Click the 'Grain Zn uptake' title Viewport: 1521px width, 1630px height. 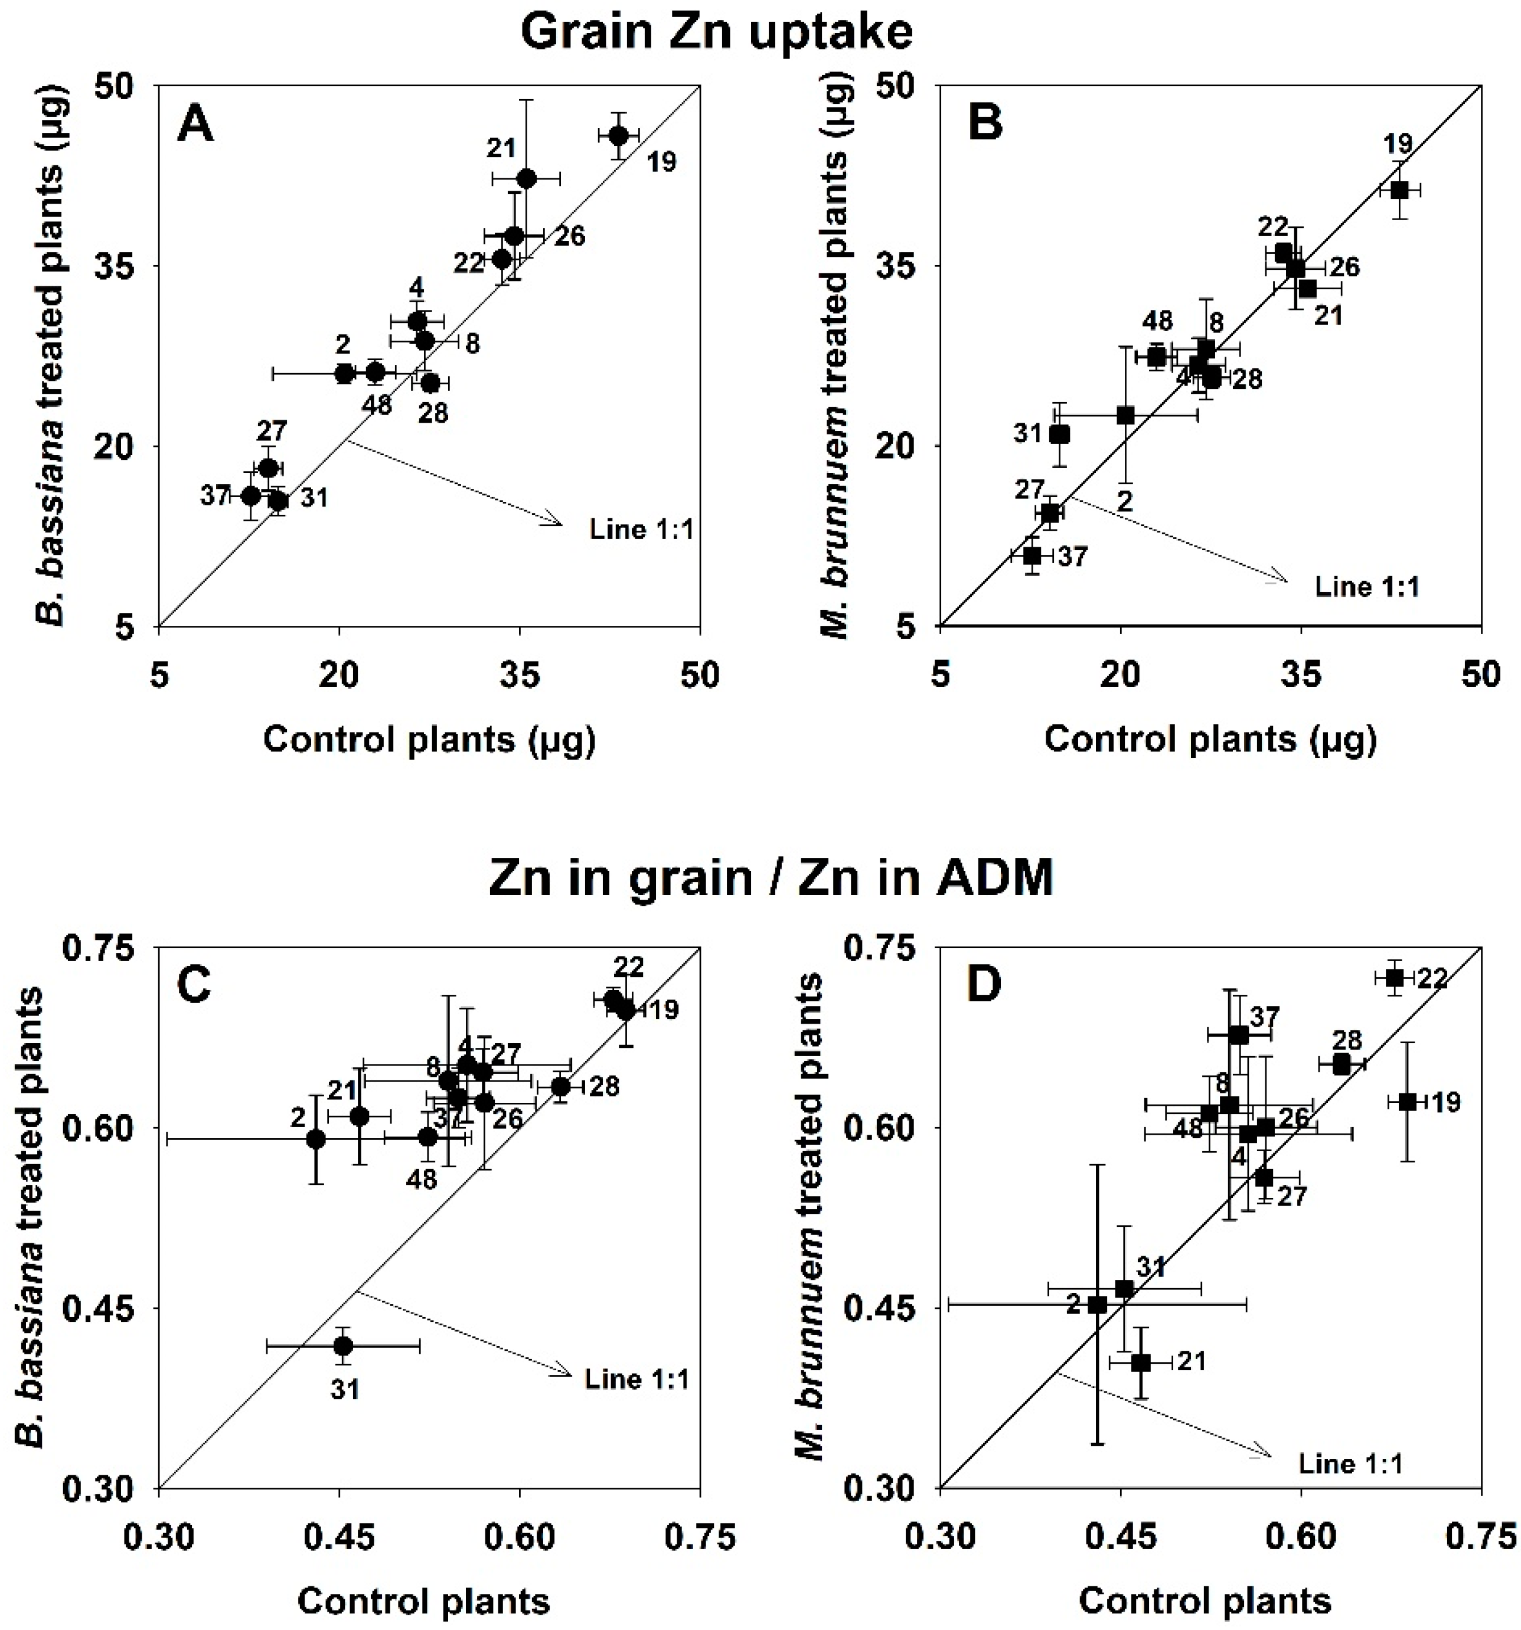coord(716,33)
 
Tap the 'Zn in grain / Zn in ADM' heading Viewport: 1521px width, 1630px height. coord(770,878)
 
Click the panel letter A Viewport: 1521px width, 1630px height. coord(195,126)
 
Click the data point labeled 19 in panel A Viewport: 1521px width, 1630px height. coord(619,135)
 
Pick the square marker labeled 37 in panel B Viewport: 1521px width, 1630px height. coord(1032,555)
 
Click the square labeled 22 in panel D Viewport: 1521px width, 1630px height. coord(1395,977)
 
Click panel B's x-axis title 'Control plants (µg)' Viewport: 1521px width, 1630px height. coord(1209,740)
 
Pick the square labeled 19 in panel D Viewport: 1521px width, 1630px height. coord(1407,1101)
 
